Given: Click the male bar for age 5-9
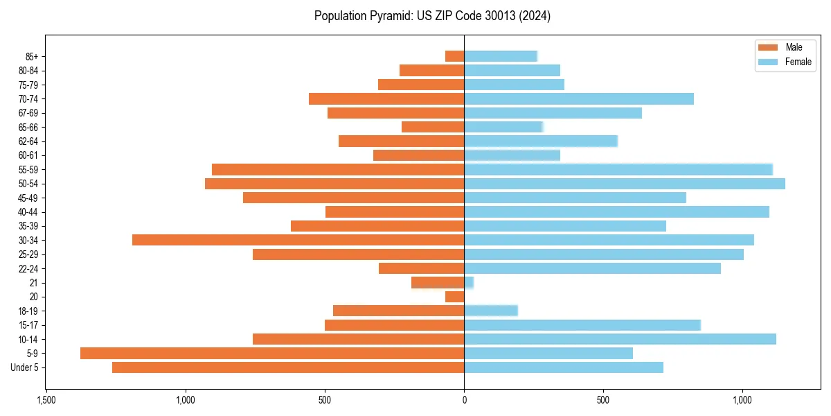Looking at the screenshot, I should coord(272,354).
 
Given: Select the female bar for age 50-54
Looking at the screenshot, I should coord(625,184).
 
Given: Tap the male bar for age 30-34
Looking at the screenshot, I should coord(298,240).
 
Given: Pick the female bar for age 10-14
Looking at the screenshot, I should coord(620,339).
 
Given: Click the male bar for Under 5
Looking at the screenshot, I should coord(288,367).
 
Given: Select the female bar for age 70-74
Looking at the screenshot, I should coord(579,99).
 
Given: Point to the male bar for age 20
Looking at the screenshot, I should coord(455,297).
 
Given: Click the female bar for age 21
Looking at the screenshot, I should coord(469,283).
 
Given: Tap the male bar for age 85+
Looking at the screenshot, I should coord(455,56).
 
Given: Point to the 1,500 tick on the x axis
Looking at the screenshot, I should coord(46,401).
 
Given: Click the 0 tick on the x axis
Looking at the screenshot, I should coord(464,401).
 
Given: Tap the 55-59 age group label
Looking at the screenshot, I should coord(28,170).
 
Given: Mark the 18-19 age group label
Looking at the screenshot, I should coord(28,311).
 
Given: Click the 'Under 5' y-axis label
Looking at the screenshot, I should coord(25,367).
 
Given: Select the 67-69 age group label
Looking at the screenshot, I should coord(28,113).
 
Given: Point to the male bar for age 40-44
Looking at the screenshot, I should coord(395,212).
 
